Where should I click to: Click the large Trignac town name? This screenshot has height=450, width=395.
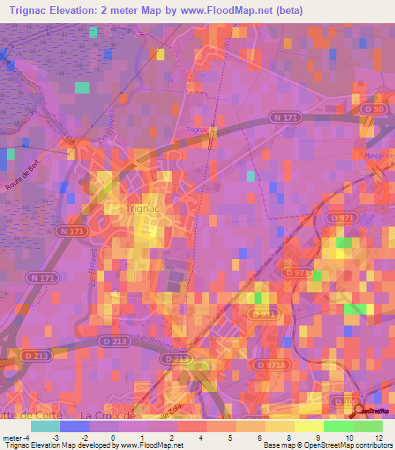(142, 209)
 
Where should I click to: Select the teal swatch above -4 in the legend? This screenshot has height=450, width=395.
(46, 426)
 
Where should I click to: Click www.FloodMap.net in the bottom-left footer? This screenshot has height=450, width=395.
(147, 445)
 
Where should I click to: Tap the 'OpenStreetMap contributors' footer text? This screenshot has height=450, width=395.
(355, 445)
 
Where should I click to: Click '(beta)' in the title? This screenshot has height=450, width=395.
(285, 11)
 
